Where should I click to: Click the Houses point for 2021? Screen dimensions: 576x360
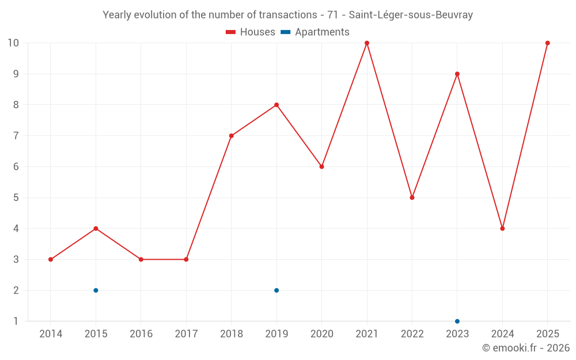coord(366,43)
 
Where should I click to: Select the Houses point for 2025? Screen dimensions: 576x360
coord(547,43)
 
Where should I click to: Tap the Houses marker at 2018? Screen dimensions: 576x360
coord(231,136)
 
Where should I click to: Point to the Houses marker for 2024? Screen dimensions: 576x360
coord(502,229)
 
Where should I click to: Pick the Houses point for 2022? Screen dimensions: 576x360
coord(412,198)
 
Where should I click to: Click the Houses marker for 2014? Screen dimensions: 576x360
coord(51,259)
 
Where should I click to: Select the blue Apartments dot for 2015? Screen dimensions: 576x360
coord(96,290)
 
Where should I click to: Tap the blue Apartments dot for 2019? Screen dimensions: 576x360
coord(276,290)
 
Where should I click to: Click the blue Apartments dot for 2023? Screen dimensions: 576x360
coord(457,321)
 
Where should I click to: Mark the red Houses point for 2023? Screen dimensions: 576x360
coord(457,74)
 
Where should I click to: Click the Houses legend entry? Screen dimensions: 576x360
coord(250,32)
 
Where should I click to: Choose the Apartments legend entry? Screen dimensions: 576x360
coord(315,32)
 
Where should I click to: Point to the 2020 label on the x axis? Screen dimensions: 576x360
coord(321,334)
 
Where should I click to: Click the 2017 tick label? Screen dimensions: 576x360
coord(186,334)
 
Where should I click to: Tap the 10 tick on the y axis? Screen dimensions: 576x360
coord(13,43)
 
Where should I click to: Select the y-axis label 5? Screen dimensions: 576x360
coord(16,198)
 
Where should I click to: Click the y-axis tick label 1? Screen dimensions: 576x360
coord(16,321)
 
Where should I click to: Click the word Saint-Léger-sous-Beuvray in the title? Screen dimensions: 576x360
coord(411,15)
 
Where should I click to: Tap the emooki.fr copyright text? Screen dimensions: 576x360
coord(526,347)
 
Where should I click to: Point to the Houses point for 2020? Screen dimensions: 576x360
coord(321,167)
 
